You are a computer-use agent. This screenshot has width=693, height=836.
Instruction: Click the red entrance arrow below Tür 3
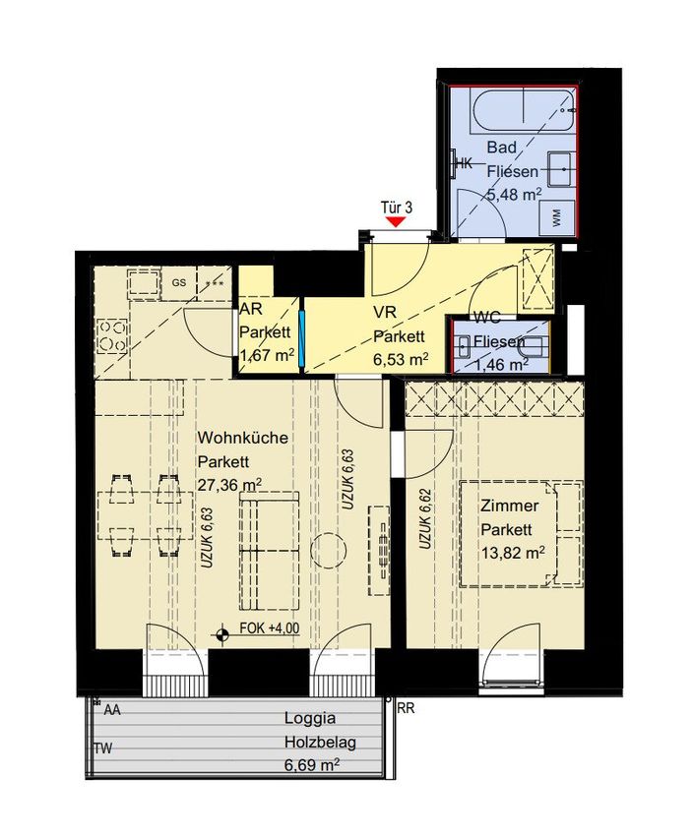pyautogui.click(x=396, y=221)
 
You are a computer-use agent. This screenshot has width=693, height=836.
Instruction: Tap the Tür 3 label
pyautogui.click(x=397, y=208)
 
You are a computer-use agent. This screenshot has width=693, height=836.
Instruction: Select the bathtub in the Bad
pyautogui.click(x=523, y=111)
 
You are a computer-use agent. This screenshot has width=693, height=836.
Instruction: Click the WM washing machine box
pyautogui.click(x=556, y=218)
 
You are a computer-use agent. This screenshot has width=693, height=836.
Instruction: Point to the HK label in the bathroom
pyautogui.click(x=466, y=163)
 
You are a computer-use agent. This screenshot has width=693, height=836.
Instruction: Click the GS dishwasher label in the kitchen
pyautogui.click(x=179, y=282)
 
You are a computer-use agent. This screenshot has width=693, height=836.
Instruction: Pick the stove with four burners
pyautogui.click(x=112, y=337)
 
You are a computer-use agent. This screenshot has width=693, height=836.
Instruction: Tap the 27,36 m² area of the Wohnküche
pyautogui.click(x=229, y=485)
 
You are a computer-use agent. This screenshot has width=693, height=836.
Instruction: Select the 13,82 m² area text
pyautogui.click(x=513, y=553)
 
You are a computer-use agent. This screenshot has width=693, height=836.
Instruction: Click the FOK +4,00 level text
pyautogui.click(x=270, y=628)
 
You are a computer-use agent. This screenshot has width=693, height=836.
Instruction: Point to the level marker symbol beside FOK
pyautogui.click(x=222, y=634)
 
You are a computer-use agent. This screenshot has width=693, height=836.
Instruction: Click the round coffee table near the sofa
pyautogui.click(x=329, y=550)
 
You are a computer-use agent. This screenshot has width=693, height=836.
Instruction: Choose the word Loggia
pyautogui.click(x=310, y=718)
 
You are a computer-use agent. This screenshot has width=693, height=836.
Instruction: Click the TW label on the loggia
pyautogui.click(x=103, y=748)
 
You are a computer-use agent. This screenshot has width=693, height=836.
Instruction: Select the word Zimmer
pyautogui.click(x=510, y=505)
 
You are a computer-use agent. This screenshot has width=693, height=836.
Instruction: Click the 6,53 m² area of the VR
pyautogui.click(x=401, y=360)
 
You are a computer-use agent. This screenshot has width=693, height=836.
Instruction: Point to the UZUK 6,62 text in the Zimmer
pyautogui.click(x=424, y=518)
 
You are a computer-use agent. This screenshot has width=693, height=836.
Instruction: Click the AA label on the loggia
pyautogui.click(x=112, y=710)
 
